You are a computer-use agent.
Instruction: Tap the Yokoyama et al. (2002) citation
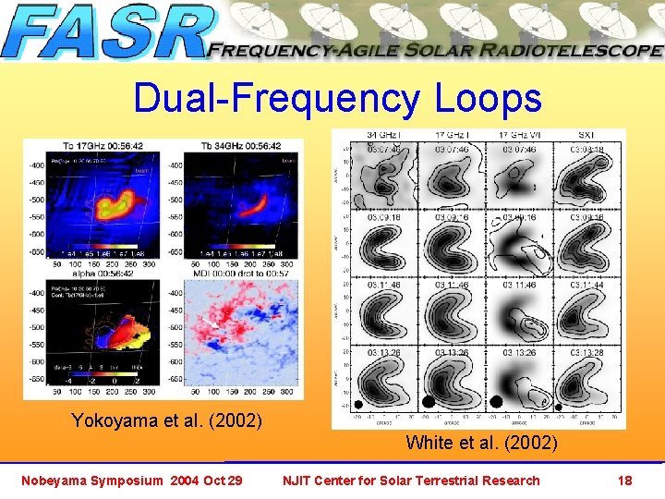click(x=166, y=420)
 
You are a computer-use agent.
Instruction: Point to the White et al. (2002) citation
click(x=481, y=443)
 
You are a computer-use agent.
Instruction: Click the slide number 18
click(x=624, y=480)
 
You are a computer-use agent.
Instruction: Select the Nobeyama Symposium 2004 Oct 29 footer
click(x=132, y=480)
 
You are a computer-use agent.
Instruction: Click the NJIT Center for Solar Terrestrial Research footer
click(x=411, y=480)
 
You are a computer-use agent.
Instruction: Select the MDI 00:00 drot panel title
click(x=236, y=274)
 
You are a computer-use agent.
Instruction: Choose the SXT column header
click(x=586, y=135)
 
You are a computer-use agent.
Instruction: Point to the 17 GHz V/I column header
click(x=519, y=135)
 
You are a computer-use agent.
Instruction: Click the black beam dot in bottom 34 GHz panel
click(x=357, y=405)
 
